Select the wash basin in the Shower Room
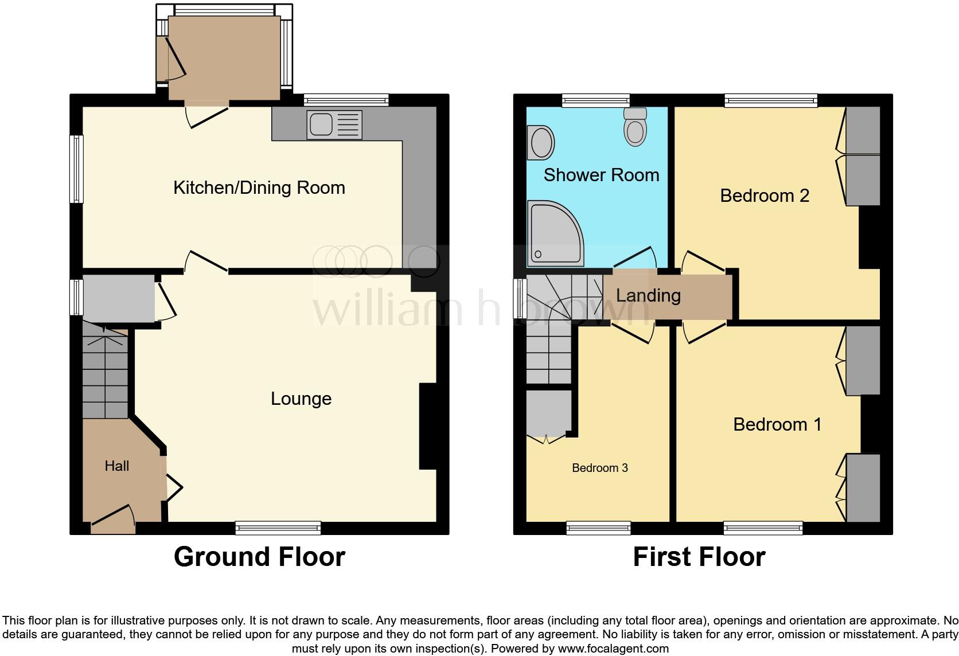[541, 142]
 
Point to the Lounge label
[301, 399]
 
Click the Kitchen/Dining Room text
[259, 188]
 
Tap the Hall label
[116, 466]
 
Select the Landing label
[648, 295]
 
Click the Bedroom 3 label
[600, 468]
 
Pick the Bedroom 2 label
[765, 196]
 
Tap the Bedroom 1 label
[777, 424]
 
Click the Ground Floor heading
[259, 557]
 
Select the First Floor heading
[699, 557]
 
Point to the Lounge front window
[278, 528]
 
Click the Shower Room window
[596, 101]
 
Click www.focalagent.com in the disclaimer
[613, 649]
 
